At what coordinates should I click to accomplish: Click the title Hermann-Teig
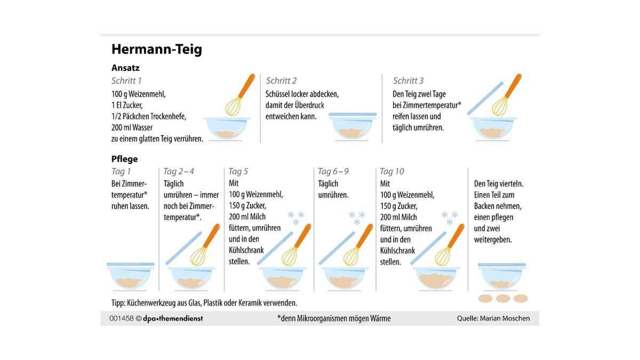(157, 50)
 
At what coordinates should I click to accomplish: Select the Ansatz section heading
(125, 68)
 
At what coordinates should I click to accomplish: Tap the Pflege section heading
(125, 159)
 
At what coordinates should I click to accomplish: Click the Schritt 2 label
(281, 81)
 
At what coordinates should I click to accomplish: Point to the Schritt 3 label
(408, 81)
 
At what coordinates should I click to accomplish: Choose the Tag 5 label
(238, 171)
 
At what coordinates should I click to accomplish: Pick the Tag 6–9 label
(333, 171)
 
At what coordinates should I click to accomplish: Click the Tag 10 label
(391, 171)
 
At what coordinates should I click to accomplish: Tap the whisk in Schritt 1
(239, 95)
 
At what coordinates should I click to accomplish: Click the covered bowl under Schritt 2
(353, 126)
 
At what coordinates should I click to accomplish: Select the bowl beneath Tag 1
(131, 276)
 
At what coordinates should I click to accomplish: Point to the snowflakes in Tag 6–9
(357, 218)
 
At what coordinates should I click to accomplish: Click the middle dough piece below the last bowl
(503, 299)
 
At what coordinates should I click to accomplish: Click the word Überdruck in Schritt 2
(309, 105)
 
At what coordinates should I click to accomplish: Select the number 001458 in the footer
(122, 318)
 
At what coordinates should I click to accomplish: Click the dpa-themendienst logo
(173, 318)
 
